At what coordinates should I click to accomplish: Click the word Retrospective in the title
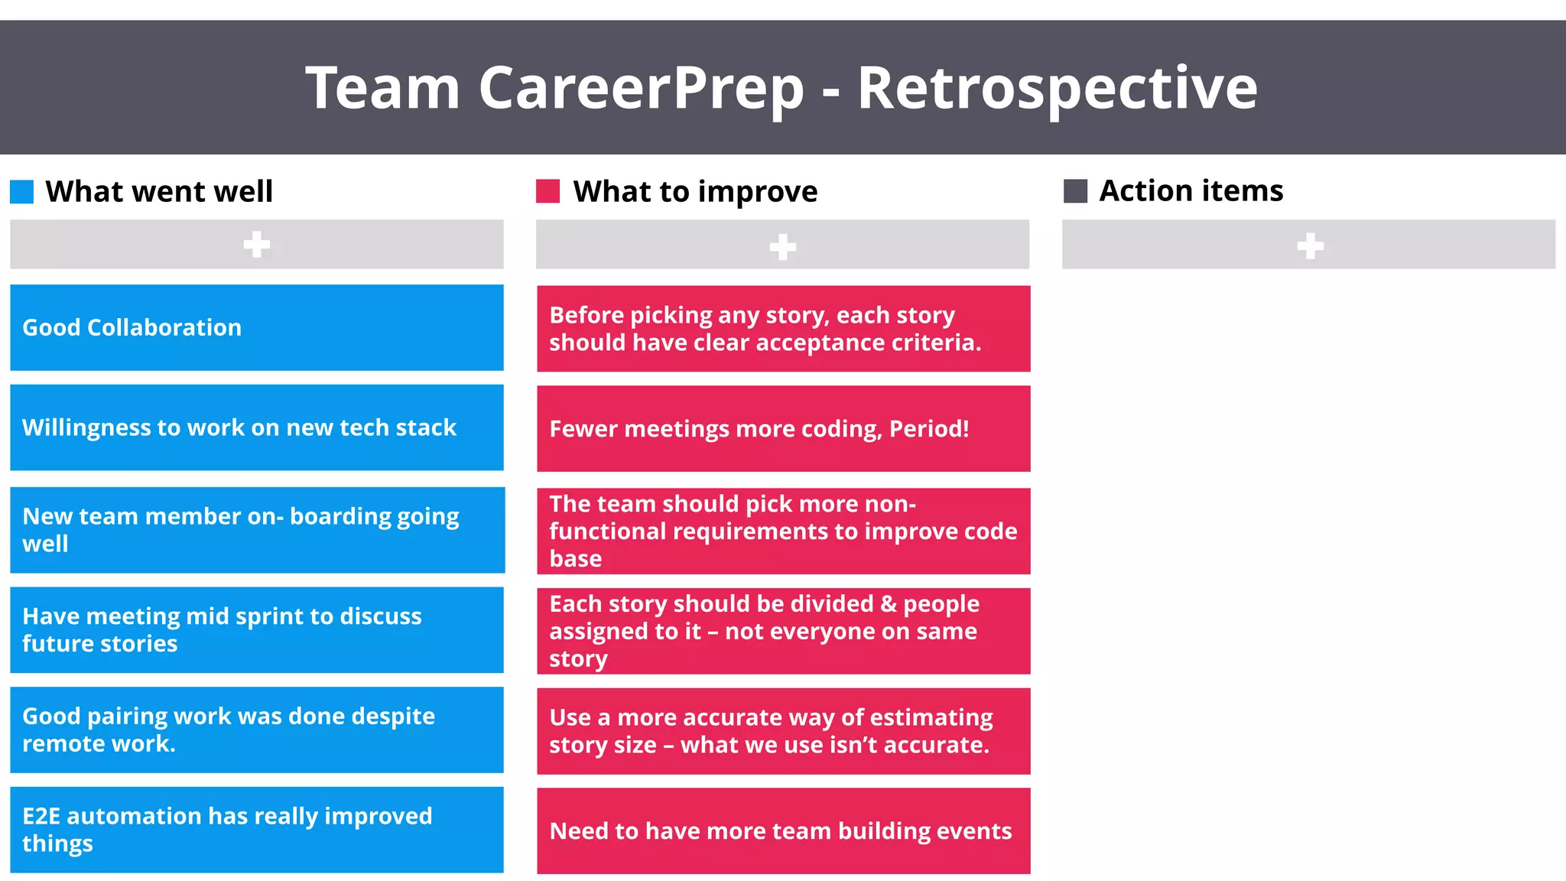click(1057, 89)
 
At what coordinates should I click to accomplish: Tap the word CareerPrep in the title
click(641, 89)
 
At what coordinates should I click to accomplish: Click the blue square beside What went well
click(22, 192)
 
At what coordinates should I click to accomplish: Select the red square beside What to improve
click(548, 191)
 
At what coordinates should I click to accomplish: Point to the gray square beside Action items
click(1075, 191)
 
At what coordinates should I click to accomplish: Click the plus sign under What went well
click(256, 245)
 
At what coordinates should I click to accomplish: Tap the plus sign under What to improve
click(782, 246)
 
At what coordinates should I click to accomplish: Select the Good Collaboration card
click(256, 328)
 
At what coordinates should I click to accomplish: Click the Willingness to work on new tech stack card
click(256, 427)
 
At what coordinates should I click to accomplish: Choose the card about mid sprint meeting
click(256, 630)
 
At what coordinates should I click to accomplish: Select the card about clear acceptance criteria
click(783, 329)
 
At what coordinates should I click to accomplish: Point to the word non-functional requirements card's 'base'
click(575, 559)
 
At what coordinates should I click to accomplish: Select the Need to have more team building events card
click(783, 831)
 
